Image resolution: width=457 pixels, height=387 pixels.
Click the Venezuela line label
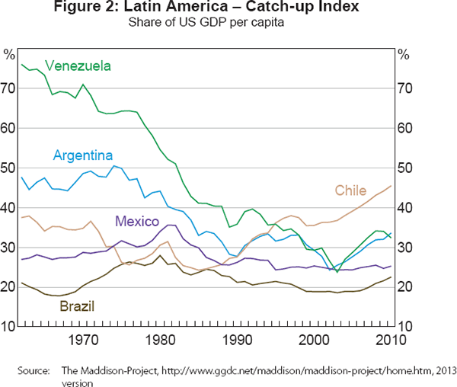[x=78, y=66]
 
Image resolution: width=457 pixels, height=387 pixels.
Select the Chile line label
[x=350, y=190]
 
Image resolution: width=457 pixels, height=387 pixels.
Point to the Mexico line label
[x=137, y=222]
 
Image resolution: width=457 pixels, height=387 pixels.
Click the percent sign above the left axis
[x=9, y=54]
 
